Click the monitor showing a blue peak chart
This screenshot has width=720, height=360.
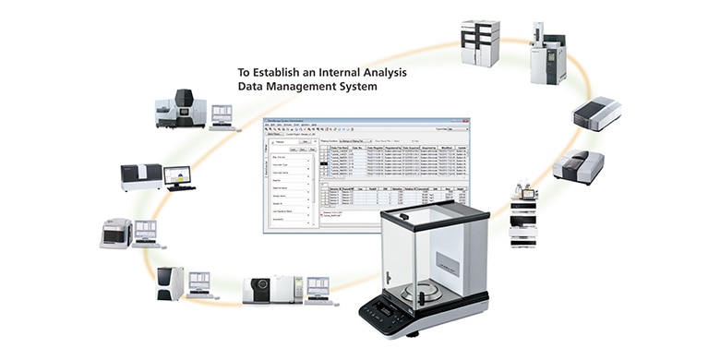177,174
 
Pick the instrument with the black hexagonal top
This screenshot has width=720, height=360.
181,109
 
